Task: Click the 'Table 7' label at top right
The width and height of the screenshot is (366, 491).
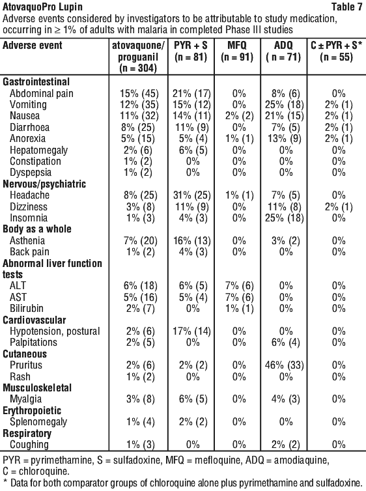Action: click(346, 7)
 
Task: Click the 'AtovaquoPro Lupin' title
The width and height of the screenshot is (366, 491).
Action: click(42, 7)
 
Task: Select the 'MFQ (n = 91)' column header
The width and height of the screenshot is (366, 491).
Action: click(237, 51)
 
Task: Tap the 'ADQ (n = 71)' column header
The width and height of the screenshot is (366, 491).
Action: click(283, 51)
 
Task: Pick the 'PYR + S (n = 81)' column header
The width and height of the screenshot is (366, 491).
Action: click(191, 51)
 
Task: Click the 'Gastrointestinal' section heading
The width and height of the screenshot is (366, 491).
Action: click(36, 82)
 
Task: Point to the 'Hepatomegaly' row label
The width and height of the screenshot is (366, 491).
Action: click(38, 150)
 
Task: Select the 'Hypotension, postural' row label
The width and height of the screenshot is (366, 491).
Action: click(55, 331)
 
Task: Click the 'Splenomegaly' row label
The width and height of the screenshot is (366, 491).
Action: click(38, 422)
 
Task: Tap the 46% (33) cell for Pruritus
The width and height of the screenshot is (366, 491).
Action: click(285, 365)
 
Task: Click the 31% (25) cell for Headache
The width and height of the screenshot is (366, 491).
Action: click(192, 195)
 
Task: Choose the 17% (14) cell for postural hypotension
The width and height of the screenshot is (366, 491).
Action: click(192, 331)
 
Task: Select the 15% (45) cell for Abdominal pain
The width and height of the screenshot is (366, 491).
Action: click(139, 94)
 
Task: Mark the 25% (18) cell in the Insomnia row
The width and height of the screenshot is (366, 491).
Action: click(285, 218)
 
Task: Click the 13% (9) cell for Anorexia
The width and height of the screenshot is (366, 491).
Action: click(285, 139)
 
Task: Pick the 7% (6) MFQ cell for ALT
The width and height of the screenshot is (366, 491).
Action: click(239, 286)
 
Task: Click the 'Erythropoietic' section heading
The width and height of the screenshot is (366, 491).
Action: click(32, 410)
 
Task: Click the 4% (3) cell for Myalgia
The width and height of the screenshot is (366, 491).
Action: click(286, 399)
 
